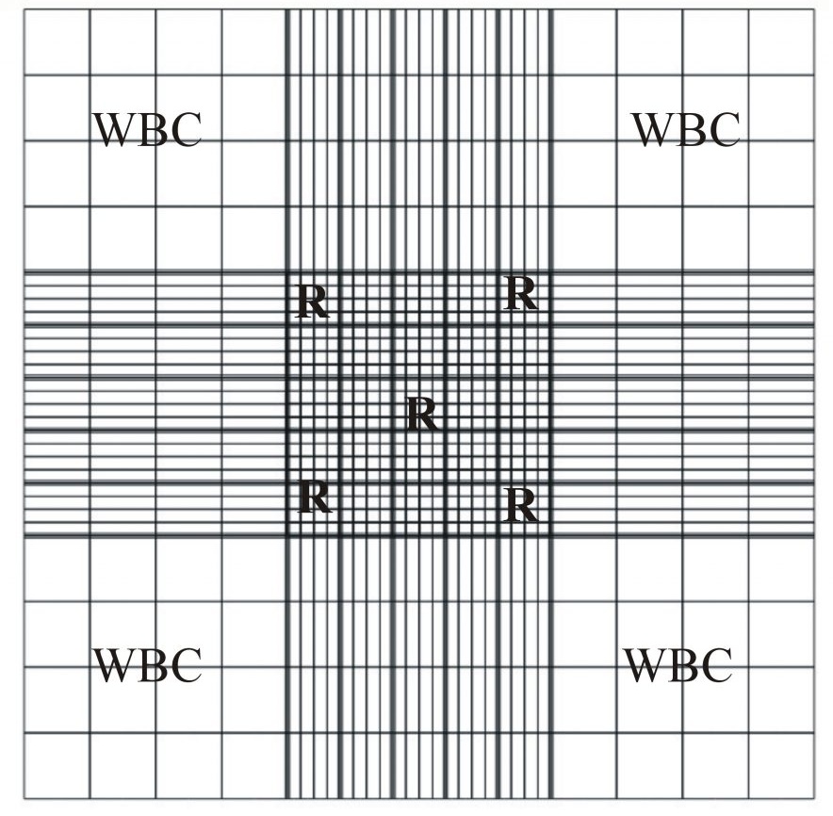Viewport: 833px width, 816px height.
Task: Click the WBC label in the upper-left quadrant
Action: (x=147, y=130)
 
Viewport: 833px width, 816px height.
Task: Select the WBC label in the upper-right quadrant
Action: (x=685, y=130)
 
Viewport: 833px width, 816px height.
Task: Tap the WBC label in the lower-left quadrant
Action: (x=147, y=665)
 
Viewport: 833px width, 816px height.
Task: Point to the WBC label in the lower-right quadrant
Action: (x=678, y=665)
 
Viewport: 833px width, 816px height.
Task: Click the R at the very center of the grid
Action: (x=422, y=415)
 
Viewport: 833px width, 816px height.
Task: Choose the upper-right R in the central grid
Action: (x=521, y=294)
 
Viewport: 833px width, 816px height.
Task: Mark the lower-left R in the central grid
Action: (x=315, y=497)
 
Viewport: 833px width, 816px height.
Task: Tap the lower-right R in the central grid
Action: (x=521, y=506)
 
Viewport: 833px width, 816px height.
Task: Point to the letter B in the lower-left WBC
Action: (x=151, y=665)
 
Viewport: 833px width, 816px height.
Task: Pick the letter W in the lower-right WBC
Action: (x=645, y=665)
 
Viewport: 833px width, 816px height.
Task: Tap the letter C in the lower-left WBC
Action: (x=185, y=665)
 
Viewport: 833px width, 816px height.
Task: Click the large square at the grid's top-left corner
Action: (x=57, y=41)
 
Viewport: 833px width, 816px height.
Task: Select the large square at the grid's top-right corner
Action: (x=781, y=41)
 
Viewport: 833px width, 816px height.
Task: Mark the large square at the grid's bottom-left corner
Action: (x=57, y=766)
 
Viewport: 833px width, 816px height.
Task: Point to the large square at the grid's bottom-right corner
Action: (x=781, y=766)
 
